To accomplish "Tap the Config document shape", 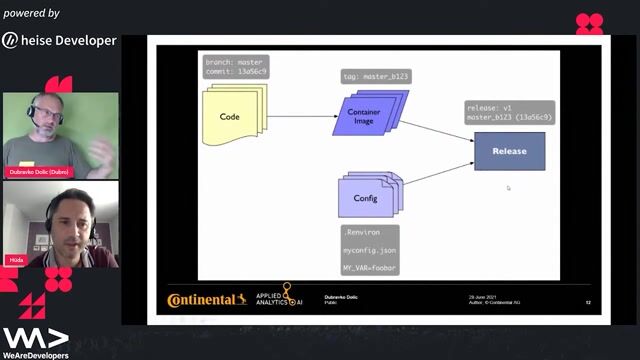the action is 368,197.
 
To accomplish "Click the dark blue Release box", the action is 509,151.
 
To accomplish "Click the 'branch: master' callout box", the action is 236,67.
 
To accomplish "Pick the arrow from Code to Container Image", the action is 300,116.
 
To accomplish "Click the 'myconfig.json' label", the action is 369,249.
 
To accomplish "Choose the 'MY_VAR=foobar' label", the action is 370,267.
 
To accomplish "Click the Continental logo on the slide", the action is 207,299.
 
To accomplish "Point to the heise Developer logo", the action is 60,41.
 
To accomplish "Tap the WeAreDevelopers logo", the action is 35,342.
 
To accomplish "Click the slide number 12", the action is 588,301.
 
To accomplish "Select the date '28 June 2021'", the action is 484,296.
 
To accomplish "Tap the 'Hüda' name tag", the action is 17,259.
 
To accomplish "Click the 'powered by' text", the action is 31,13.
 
